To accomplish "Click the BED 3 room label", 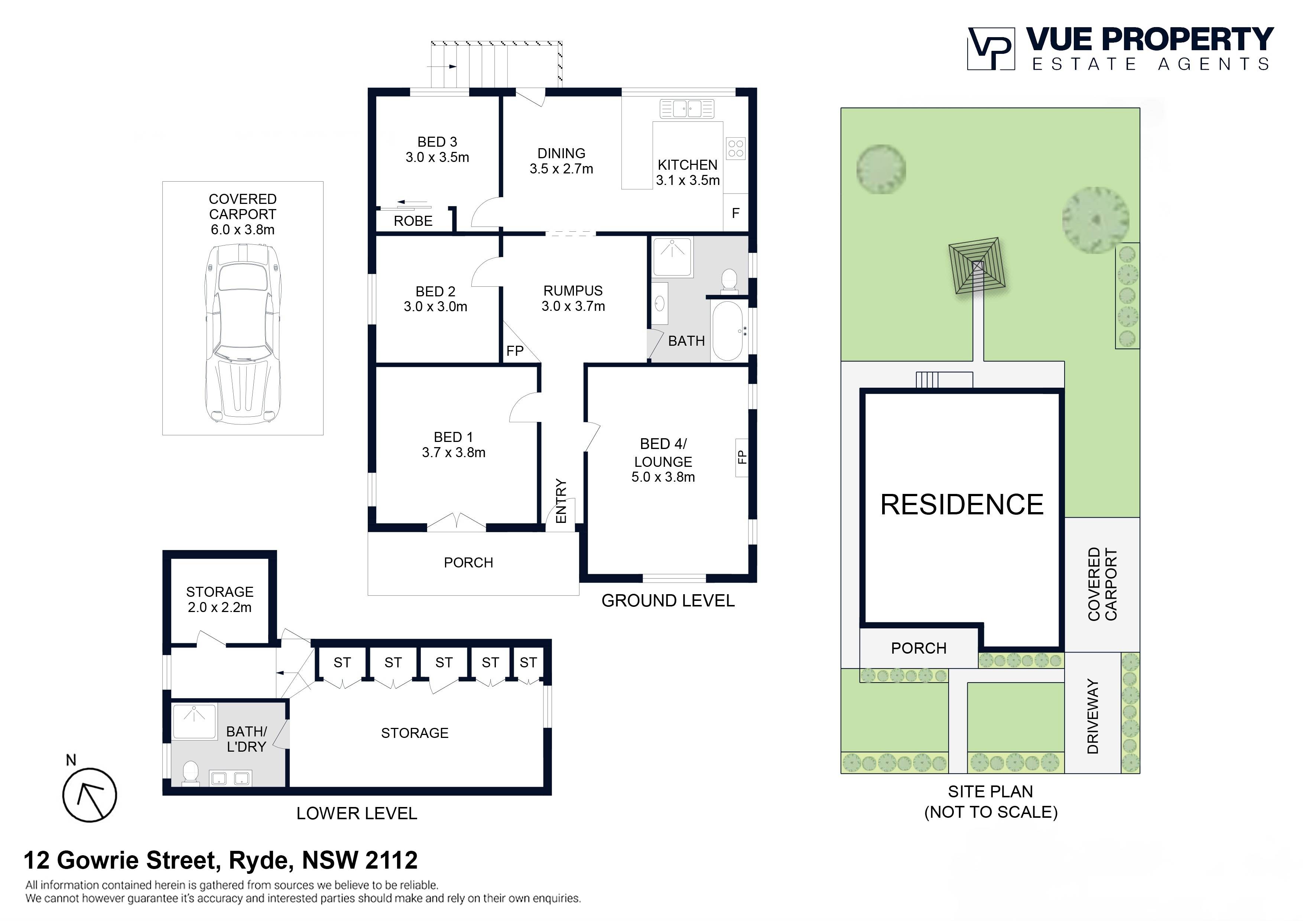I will click(437, 142).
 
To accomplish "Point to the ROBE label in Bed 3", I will click(413, 221).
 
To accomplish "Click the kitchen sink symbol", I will click(687, 108).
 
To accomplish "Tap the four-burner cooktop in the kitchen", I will click(735, 149).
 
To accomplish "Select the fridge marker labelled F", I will click(735, 214).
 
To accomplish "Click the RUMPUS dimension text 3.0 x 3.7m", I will click(573, 306).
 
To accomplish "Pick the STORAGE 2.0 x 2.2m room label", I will click(220, 599).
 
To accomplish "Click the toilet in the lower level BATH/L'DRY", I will click(190, 773).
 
